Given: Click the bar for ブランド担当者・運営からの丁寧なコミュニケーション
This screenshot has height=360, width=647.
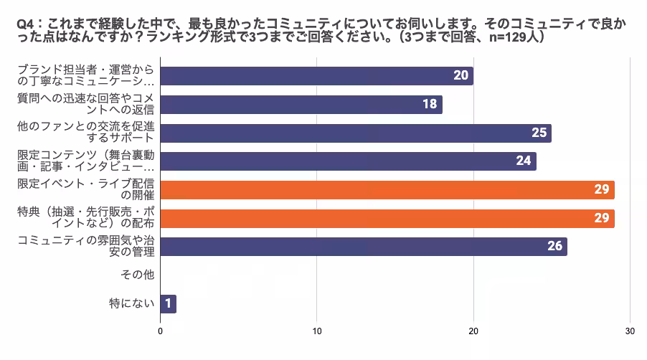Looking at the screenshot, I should (x=316, y=76).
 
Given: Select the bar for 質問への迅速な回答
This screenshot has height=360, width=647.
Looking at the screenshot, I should (x=301, y=105).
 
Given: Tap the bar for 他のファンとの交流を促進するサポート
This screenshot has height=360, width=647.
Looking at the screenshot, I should (x=355, y=133).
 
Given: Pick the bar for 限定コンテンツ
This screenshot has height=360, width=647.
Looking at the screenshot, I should (x=347, y=161).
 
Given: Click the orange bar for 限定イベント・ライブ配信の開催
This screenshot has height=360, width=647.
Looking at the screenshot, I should (x=387, y=190).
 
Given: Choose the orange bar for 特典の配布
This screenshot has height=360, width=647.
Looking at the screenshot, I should (x=387, y=218).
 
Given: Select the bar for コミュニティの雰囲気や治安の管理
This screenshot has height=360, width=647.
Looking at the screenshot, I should (x=363, y=247).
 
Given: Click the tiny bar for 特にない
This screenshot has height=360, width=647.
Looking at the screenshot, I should (x=168, y=303).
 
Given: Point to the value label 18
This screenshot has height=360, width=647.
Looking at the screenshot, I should (x=430, y=105).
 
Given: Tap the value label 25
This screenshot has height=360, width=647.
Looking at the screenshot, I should (x=539, y=133).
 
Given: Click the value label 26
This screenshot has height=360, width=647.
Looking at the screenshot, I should (x=554, y=247).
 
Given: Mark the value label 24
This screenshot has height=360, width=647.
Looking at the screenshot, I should (x=524, y=161).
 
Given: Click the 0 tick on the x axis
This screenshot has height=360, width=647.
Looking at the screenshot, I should (x=161, y=331).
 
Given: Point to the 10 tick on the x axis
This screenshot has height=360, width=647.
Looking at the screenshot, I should (x=317, y=331).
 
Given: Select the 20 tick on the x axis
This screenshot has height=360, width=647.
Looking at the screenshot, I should (x=473, y=331).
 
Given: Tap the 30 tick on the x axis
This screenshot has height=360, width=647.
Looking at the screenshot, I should (x=630, y=331).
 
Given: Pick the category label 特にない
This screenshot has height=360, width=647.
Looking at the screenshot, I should (x=132, y=303).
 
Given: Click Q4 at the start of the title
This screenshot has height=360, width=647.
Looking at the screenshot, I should (x=24, y=24).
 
